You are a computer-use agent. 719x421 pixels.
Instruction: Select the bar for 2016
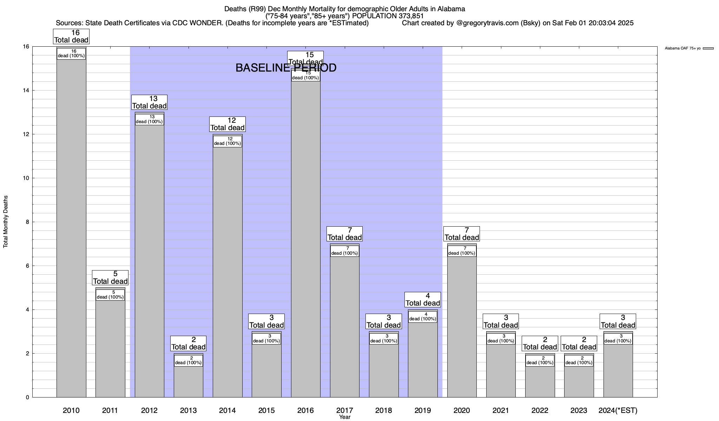[305, 239]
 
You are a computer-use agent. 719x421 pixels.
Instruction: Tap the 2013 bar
[189, 382]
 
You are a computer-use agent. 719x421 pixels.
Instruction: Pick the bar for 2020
[462, 326]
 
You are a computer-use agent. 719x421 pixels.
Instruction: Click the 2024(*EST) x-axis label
[618, 410]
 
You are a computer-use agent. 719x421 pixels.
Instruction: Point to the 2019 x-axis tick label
[423, 410]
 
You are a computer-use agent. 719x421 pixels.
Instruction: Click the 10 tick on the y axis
[26, 178]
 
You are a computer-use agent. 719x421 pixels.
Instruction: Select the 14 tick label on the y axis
[26, 91]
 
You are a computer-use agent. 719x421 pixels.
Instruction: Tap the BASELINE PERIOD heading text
[286, 68]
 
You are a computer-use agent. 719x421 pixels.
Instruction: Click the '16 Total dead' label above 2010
[71, 36]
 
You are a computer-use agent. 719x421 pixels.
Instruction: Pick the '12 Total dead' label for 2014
[227, 124]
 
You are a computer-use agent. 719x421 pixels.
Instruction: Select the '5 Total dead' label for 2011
[110, 278]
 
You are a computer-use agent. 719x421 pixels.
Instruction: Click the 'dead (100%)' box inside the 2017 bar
[345, 251]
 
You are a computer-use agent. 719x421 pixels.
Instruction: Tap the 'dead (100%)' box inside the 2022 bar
[540, 361]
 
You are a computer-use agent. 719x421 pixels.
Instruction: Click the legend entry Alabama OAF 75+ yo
[682, 48]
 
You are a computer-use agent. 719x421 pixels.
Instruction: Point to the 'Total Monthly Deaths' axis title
[6, 222]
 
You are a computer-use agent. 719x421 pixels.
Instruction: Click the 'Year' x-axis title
[345, 417]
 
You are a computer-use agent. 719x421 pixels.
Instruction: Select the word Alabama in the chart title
[451, 9]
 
